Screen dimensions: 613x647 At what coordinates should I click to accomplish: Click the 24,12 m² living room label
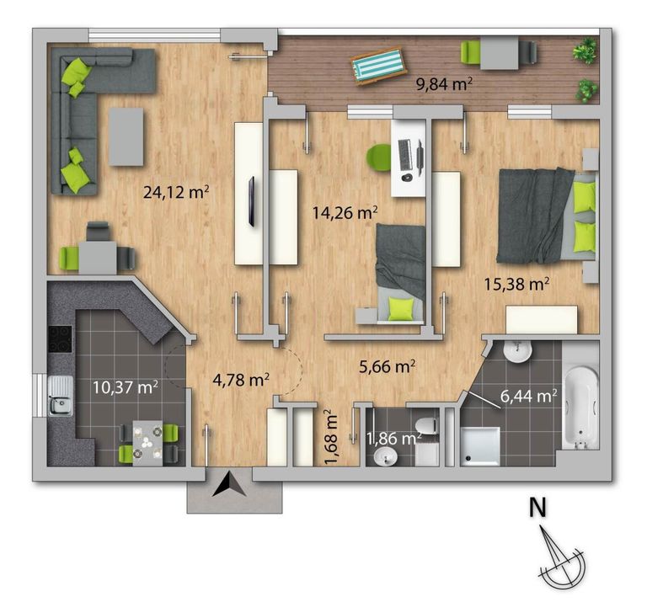coord(176,192)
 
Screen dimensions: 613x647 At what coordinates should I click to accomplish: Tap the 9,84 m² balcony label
coord(444,83)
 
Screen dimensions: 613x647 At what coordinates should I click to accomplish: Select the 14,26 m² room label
coord(345,212)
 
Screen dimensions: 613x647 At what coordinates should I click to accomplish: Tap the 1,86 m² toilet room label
coord(394,438)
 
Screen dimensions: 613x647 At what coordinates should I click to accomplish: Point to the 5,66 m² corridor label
coord(388,366)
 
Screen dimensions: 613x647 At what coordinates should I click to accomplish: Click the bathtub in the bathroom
coord(581,404)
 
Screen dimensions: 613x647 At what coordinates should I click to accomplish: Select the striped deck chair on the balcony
coord(377,66)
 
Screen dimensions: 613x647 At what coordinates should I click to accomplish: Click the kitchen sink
coord(59,397)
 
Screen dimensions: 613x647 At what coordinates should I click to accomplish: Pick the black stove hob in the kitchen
coord(59,339)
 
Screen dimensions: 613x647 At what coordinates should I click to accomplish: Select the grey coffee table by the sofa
coord(126,136)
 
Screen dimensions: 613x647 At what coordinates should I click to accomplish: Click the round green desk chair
coord(380,157)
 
